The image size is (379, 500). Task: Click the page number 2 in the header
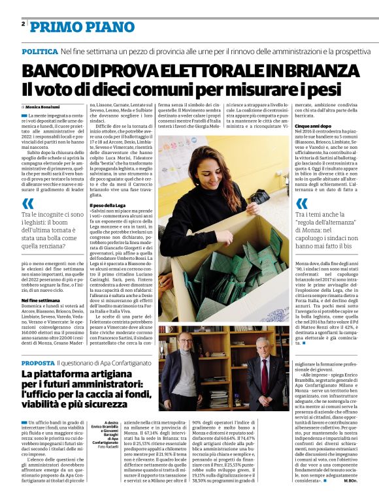coord(23,24)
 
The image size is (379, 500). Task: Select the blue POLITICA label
coord(39,50)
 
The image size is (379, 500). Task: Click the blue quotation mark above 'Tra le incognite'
coord(28,204)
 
